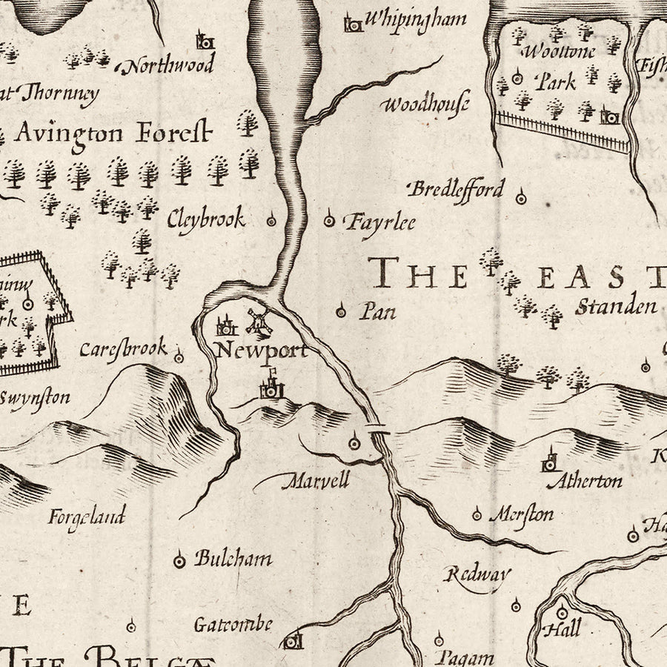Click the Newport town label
tap(261, 351)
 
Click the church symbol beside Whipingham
tap(354, 24)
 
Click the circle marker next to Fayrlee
tap(330, 219)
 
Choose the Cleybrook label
tap(205, 219)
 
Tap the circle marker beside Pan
tap(341, 311)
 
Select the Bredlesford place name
tap(456, 188)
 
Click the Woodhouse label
tap(425, 103)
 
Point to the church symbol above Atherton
tap(549, 460)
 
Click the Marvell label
tap(315, 481)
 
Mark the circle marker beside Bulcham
tap(179, 561)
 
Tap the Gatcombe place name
tap(233, 624)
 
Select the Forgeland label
tap(87, 515)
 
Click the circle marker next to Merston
tap(477, 514)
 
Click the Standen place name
tap(617, 305)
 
